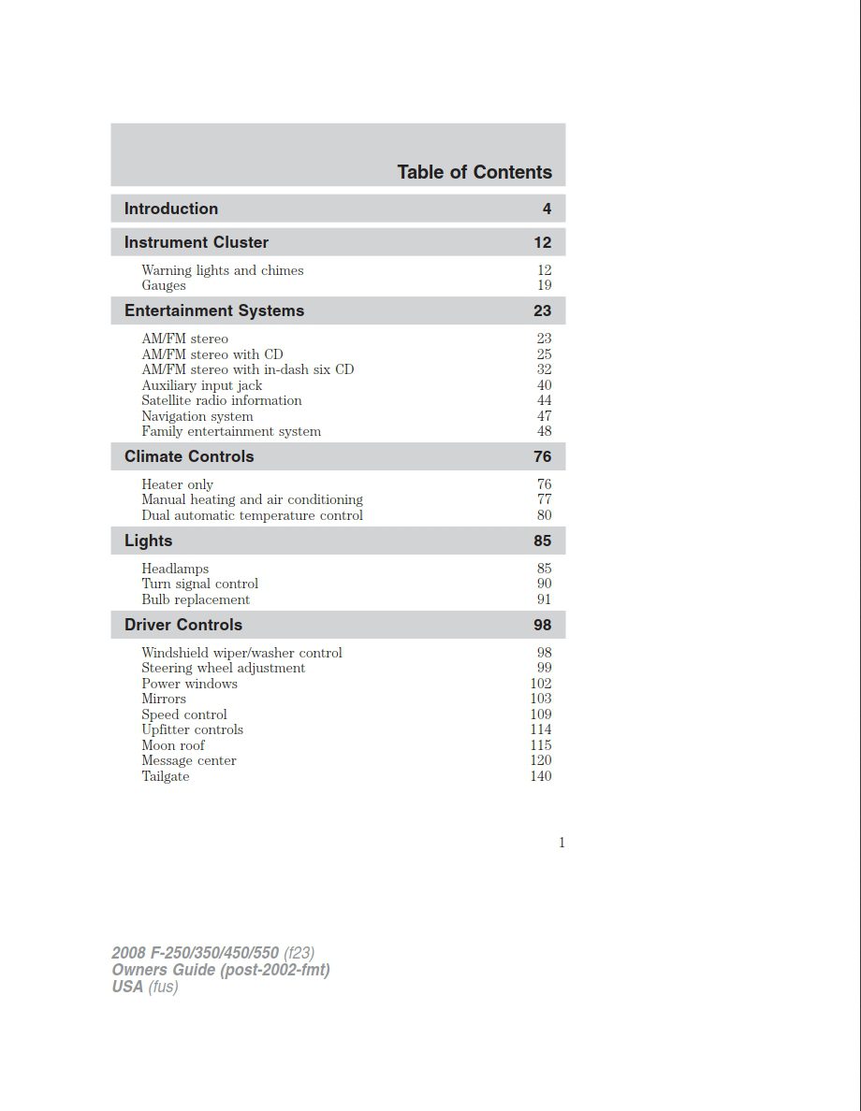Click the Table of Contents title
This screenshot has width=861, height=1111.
point(474,172)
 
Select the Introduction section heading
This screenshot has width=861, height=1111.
point(171,209)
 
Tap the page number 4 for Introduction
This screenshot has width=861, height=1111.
point(547,209)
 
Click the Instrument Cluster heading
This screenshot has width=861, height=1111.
point(197,242)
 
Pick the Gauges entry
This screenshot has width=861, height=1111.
point(164,285)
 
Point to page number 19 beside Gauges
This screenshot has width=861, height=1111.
point(544,285)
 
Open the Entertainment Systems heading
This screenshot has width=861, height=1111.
point(214,310)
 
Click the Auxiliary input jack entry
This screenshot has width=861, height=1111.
point(201,385)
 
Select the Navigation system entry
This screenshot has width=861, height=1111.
point(197,416)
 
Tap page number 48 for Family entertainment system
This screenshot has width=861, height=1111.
point(544,431)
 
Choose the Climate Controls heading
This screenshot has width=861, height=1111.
point(189,456)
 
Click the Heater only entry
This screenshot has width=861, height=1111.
point(177,484)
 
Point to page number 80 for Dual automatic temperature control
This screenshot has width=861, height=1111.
point(544,515)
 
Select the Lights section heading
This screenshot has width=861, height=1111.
point(149,541)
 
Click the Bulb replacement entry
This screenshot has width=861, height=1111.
point(196,599)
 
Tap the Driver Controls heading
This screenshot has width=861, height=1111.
point(183,625)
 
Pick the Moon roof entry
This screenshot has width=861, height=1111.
point(173,745)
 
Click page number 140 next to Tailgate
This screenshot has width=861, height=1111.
point(541,776)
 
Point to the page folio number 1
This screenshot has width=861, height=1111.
point(562,843)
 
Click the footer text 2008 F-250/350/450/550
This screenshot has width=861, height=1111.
point(196,953)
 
